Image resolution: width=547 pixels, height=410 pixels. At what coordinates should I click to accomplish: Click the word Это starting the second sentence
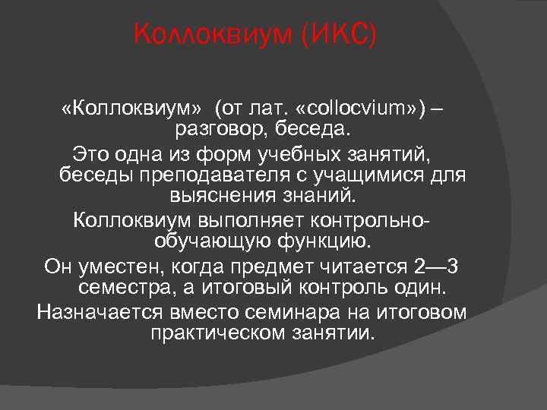pyautogui.click(x=90, y=156)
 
